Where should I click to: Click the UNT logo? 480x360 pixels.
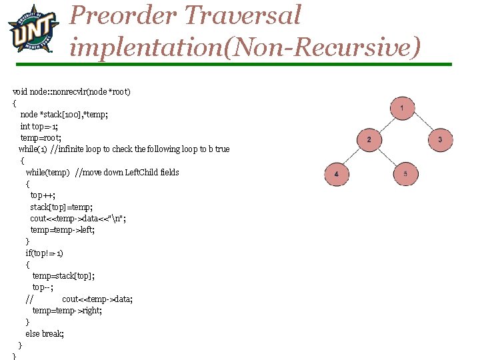33,29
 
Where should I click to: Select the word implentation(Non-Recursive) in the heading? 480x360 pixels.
245,47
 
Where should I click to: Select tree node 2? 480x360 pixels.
369,139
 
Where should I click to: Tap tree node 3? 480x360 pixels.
440,139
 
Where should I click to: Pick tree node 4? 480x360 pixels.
337,174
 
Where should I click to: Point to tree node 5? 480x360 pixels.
405,174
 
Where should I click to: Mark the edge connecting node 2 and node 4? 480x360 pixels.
353,157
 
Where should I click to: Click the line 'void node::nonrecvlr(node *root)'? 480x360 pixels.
71,91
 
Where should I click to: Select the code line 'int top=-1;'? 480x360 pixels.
39,126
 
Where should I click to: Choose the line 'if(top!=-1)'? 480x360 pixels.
45,253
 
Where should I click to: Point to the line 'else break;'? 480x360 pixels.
45,333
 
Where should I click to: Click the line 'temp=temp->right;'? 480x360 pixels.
67,310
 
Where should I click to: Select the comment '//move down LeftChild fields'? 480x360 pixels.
127,172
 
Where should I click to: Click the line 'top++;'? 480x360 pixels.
43,195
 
